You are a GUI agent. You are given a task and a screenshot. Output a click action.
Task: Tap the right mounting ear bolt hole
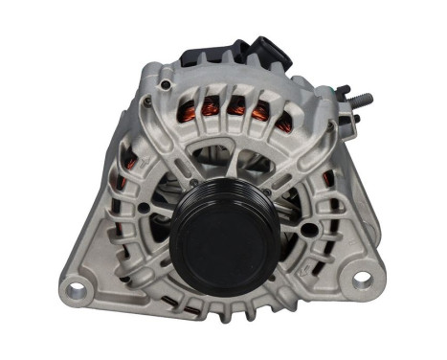(361, 281)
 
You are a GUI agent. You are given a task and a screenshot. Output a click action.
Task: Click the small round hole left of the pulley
(143, 207)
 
